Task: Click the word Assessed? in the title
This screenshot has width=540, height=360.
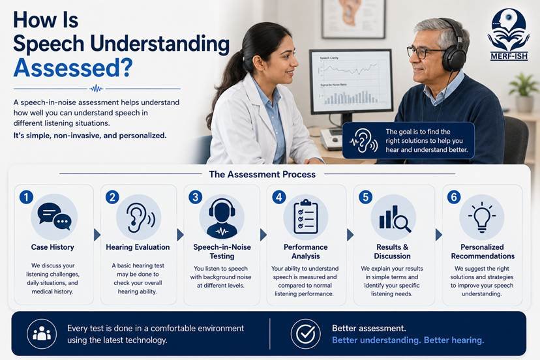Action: tap(72, 68)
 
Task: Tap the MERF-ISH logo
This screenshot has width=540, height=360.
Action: tap(509, 35)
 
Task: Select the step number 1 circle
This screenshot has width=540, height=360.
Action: tap(26, 197)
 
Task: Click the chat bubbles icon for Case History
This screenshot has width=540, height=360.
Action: tap(54, 217)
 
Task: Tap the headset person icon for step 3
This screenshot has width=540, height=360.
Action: tap(222, 218)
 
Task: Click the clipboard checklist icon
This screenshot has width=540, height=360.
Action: tap(305, 217)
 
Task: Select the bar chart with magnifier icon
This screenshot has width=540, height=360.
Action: tap(395, 218)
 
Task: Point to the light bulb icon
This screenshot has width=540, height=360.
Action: tap(482, 217)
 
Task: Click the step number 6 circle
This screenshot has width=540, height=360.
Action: tap(453, 197)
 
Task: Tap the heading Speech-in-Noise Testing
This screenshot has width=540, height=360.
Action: tap(222, 252)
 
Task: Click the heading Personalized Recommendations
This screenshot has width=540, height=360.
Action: tap(483, 252)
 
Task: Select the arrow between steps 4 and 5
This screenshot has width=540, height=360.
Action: tap(350, 235)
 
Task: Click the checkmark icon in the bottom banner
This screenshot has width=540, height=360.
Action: tap(305, 333)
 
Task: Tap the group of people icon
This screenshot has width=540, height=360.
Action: tap(42, 333)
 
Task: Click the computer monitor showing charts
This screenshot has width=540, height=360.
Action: tap(351, 82)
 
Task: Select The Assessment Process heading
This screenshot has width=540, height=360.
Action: tap(262, 174)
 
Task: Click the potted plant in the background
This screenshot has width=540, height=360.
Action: tap(524, 92)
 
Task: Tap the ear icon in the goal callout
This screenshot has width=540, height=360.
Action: tap(364, 141)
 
